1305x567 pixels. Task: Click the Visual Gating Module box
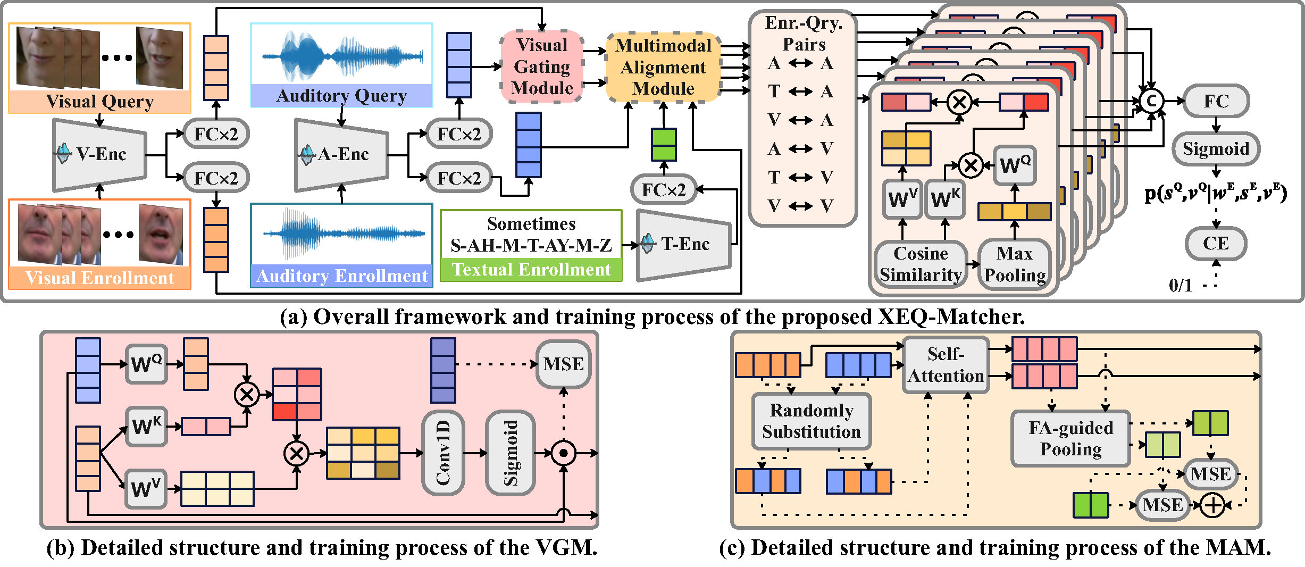[542, 66]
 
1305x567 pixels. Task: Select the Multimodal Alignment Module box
[663, 67]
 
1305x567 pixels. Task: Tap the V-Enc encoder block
[100, 154]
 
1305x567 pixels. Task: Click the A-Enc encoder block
[342, 154]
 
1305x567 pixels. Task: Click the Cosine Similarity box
[921, 264]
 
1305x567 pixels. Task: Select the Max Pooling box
[1015, 264]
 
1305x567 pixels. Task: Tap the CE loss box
[1216, 243]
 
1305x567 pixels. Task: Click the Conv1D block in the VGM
[443, 453]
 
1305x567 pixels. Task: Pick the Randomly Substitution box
[811, 421]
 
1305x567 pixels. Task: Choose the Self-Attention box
[946, 365]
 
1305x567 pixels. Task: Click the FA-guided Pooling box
[1070, 438]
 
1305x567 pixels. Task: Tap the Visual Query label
[100, 102]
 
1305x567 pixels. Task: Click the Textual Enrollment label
[531, 270]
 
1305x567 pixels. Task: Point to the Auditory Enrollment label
[342, 276]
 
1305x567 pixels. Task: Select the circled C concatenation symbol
[1151, 101]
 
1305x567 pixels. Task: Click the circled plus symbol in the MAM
[1212, 505]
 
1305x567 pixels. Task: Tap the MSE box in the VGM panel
[563, 364]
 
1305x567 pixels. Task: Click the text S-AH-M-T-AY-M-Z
[531, 245]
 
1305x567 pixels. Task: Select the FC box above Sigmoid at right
[1216, 101]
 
